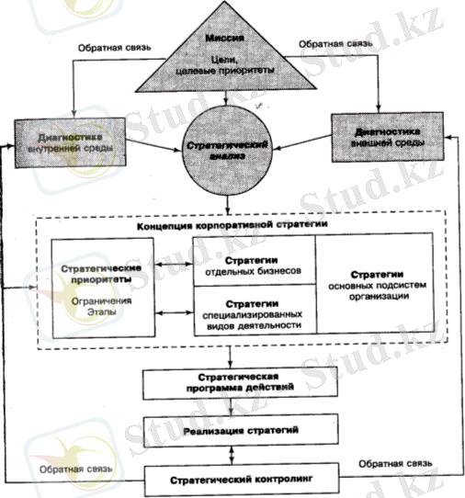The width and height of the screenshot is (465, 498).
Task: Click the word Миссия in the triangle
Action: pyautogui.click(x=224, y=38)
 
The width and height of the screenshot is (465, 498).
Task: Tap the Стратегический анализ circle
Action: pyautogui.click(x=227, y=151)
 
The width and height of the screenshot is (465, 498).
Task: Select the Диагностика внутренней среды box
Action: pyautogui.click(x=70, y=142)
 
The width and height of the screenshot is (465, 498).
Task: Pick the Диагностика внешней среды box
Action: pyautogui.click(x=388, y=137)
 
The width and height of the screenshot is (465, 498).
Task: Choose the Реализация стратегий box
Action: pyautogui.click(x=241, y=431)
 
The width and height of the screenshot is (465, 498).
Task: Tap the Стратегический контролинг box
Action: pyautogui.click(x=242, y=480)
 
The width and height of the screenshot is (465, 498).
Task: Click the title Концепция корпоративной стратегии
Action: pyautogui.click(x=232, y=225)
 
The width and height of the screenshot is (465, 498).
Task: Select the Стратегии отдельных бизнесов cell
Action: pyautogui.click(x=255, y=260)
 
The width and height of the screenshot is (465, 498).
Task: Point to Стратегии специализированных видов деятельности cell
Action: pyautogui.click(x=255, y=310)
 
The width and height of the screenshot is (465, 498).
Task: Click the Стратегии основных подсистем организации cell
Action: pyautogui.click(x=375, y=283)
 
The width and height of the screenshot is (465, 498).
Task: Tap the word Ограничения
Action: pyautogui.click(x=101, y=301)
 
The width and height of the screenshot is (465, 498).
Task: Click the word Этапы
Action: pyautogui.click(x=102, y=311)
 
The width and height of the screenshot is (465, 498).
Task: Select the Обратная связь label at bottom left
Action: pyautogui.click(x=76, y=470)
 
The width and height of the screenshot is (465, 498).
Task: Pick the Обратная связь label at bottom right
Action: pyautogui.click(x=395, y=464)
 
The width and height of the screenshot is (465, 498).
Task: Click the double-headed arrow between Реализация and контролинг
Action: pyautogui.click(x=232, y=455)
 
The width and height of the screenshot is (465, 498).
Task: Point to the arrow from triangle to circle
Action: pyautogui.click(x=226, y=98)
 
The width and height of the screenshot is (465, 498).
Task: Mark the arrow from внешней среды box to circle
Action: pyautogui.click(x=302, y=142)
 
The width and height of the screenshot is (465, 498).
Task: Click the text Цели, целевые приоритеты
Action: pyautogui.click(x=225, y=65)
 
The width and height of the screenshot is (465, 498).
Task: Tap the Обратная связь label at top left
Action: pyautogui.click(x=115, y=48)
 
